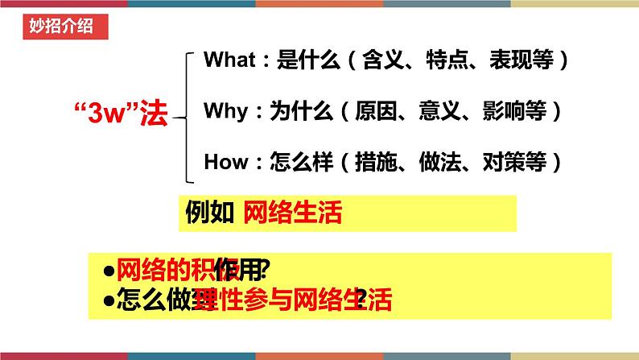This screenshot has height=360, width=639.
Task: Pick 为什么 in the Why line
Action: (296, 110)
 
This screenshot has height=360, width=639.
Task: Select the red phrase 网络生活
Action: (292, 213)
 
